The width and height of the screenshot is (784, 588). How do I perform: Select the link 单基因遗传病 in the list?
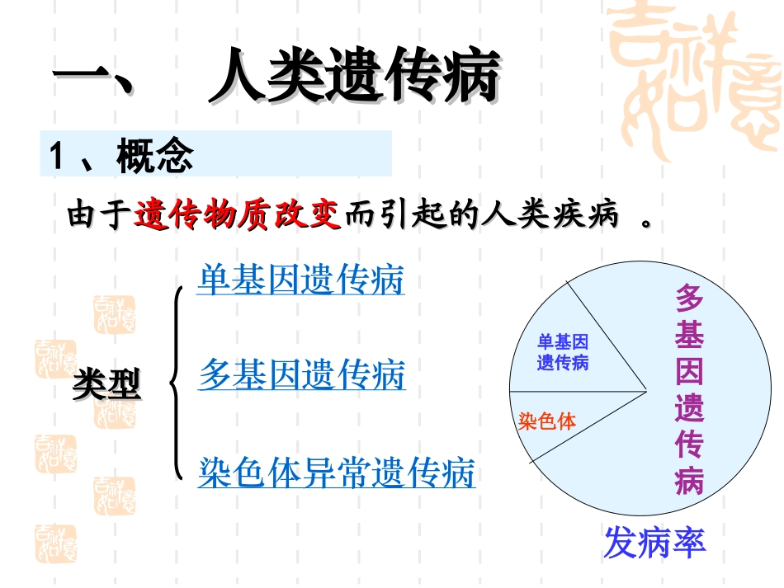pos(300,280)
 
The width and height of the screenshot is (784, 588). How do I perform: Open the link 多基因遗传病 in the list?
pos(302,375)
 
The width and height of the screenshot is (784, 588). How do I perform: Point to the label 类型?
pos(106,384)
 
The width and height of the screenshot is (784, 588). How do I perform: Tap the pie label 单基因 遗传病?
pos(563,352)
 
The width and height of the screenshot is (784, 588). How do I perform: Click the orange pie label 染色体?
pos(546,421)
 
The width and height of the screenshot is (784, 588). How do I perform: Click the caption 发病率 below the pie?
pos(654,543)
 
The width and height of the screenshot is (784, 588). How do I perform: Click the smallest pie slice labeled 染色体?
pos(569,421)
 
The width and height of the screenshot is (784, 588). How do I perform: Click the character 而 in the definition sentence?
pos(360,216)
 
